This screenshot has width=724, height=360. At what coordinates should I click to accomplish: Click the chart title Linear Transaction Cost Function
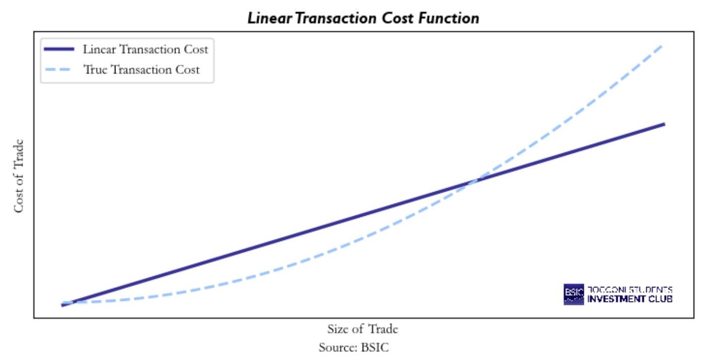pos(363,19)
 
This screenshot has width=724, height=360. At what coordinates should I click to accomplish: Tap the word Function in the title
pos(452,19)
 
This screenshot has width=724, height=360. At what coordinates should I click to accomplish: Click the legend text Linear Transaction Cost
pos(146,49)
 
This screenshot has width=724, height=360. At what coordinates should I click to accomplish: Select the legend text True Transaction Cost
pos(141,70)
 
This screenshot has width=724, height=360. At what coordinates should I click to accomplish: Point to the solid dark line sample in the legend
pos(59,49)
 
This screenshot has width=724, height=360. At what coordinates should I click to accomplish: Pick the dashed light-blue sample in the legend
pos(59,70)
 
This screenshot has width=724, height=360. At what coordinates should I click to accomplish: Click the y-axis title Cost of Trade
pos(19,175)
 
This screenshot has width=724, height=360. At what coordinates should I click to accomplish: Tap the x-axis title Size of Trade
pos(363,329)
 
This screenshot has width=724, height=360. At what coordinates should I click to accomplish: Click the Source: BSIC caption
pos(353,347)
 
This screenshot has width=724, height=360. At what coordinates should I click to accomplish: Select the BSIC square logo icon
pos(573,294)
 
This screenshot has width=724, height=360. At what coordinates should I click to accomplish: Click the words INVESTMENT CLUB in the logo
pos(630,299)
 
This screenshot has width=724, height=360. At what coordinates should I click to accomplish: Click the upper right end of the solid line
pos(664,124)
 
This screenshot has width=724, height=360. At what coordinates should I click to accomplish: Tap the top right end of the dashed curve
pos(661,45)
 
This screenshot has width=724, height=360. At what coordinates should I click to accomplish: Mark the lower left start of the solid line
pos(63,305)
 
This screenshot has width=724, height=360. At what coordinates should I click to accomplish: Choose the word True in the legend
pos(95,70)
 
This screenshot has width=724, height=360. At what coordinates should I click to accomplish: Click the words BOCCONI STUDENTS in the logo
pos(630,290)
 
